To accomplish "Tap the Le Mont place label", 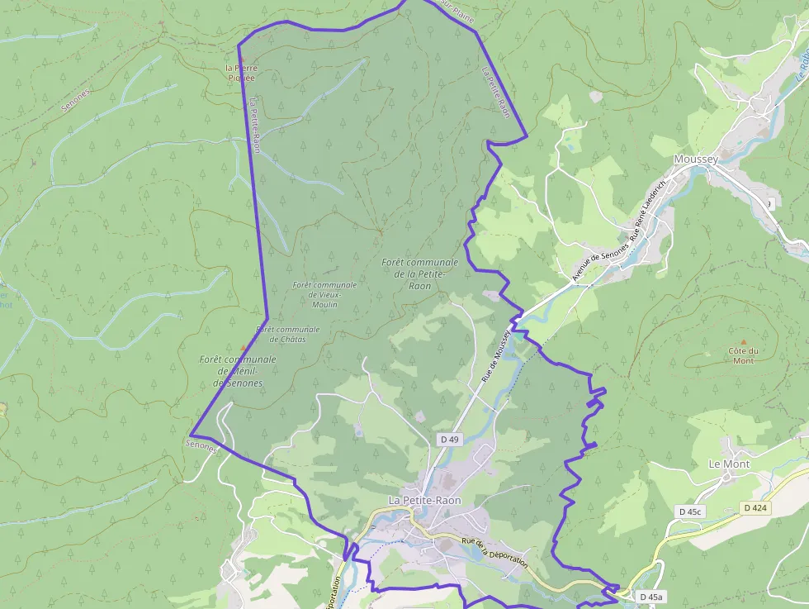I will (x=729, y=464).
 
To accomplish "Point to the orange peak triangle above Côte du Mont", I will (x=743, y=342).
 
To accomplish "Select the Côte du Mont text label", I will (x=743, y=355).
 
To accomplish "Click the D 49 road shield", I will (x=449, y=440).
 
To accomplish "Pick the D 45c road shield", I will (x=689, y=511).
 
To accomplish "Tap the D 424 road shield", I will (x=755, y=507).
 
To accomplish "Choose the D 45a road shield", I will (x=651, y=597).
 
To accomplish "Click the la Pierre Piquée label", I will (x=241, y=73).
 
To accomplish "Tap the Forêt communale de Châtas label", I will (x=287, y=334).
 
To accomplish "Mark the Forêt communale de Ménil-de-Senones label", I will (x=238, y=371).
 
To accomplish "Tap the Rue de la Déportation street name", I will (x=494, y=551).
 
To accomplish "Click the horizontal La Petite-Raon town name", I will (x=424, y=501).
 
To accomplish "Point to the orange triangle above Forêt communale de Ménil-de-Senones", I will (x=243, y=347).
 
